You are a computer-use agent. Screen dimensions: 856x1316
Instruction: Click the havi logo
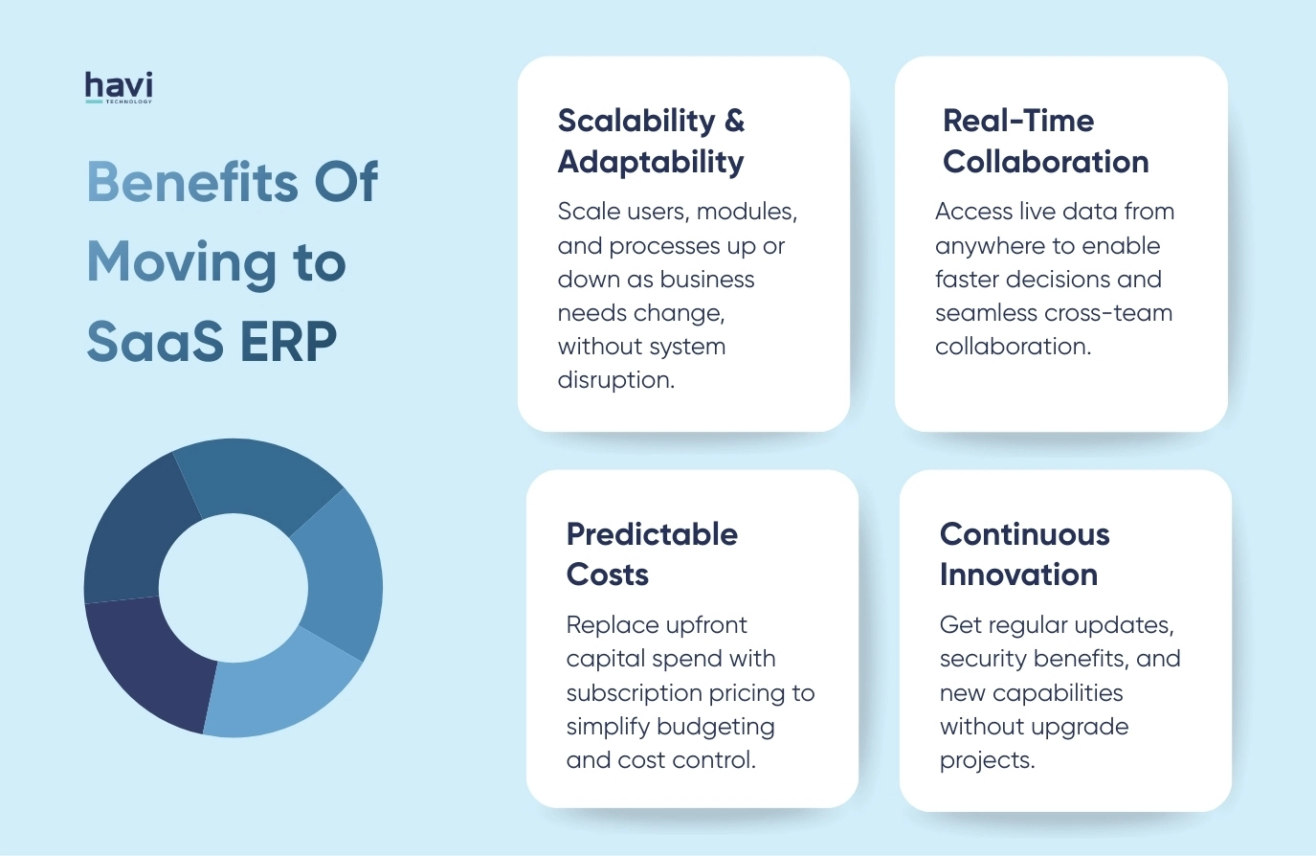pos(119,87)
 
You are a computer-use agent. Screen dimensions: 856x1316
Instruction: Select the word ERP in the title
pos(288,342)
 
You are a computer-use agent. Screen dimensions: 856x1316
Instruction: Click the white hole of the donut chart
pos(233,587)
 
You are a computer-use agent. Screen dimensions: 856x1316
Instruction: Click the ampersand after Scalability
pos(734,121)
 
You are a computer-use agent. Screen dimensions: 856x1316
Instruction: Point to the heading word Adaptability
pos(651,162)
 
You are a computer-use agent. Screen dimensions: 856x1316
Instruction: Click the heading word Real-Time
pos(1018,121)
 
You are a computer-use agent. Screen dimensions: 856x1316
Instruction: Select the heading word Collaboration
pos(1045,162)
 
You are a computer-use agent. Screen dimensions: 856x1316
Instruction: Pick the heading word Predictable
pos(652,534)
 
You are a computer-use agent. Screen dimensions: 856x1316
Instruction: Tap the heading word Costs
pos(608,574)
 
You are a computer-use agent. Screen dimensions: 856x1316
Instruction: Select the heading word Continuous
pos(1024,534)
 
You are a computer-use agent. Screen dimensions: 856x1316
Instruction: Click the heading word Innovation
pos(1018,574)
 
